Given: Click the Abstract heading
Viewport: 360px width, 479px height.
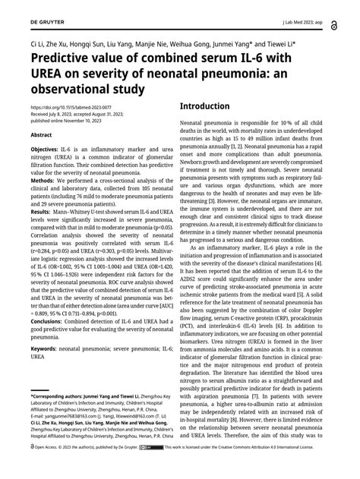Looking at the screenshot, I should coord(41,134).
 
